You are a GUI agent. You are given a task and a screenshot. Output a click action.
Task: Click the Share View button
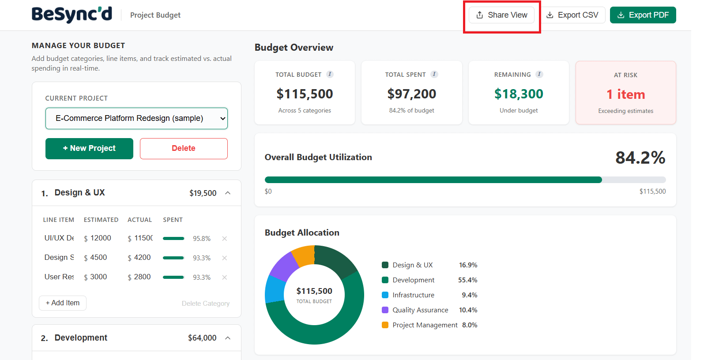pos(502,15)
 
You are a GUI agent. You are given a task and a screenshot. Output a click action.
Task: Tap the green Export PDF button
pos(643,15)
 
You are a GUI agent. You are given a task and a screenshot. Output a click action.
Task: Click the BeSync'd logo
pos(72,15)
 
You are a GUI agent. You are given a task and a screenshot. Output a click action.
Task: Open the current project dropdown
pos(136,118)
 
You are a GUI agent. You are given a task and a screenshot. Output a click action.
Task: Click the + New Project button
pos(89,148)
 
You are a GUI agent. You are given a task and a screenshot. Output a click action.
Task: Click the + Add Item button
pos(63,303)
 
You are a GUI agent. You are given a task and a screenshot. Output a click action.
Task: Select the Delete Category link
pos(205,304)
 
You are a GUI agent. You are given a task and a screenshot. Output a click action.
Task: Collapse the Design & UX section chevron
pos(228,193)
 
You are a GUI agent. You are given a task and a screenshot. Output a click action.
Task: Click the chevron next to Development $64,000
pos(228,338)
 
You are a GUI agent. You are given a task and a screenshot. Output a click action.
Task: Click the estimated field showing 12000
pos(101,238)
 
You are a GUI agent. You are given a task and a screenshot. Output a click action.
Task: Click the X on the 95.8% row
pos(224,239)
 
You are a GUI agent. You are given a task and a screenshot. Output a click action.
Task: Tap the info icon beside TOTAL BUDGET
pos(330,74)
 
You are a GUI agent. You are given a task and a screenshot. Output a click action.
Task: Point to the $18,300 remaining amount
pos(519,94)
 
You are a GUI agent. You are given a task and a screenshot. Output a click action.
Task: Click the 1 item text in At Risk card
pos(625,94)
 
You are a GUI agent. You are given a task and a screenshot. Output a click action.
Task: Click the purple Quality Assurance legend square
pos(385,310)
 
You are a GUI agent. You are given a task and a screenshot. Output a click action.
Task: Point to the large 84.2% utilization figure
pos(640,157)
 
